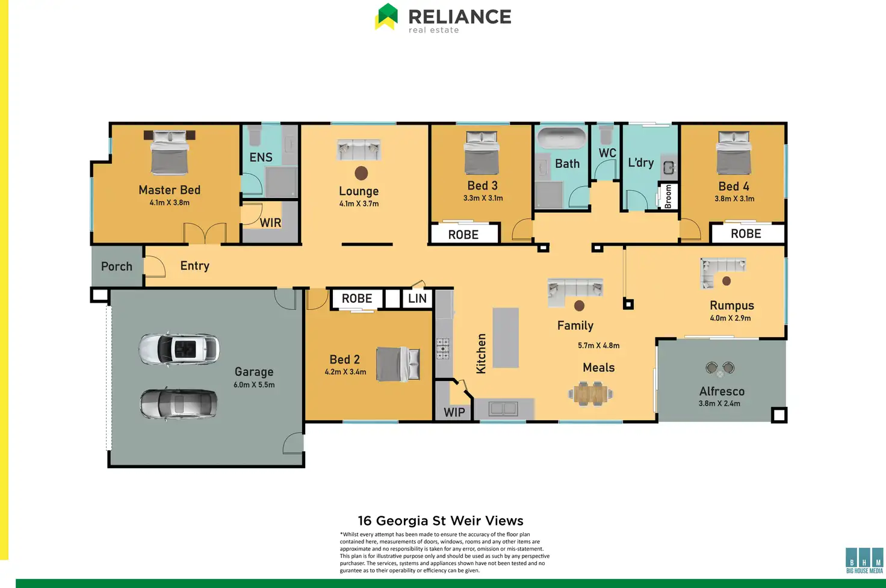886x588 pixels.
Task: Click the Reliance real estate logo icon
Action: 387,16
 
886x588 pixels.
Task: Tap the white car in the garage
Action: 179,348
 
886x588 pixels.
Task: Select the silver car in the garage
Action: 179,403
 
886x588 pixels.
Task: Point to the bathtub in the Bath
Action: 561,138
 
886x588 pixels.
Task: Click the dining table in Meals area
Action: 590,394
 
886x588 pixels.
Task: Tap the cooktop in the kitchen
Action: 442,348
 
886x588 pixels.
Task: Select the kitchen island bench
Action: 506,338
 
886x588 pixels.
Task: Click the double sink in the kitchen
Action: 503,409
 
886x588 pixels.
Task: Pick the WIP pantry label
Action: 454,412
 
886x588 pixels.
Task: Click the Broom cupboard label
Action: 668,197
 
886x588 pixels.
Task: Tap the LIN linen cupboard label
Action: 417,299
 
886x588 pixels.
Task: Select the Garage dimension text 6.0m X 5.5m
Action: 254,385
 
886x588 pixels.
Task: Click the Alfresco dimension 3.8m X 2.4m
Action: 719,403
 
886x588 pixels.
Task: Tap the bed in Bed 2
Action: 398,364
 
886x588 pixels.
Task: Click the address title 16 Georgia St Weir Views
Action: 441,521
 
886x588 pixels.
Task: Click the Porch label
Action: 117,266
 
